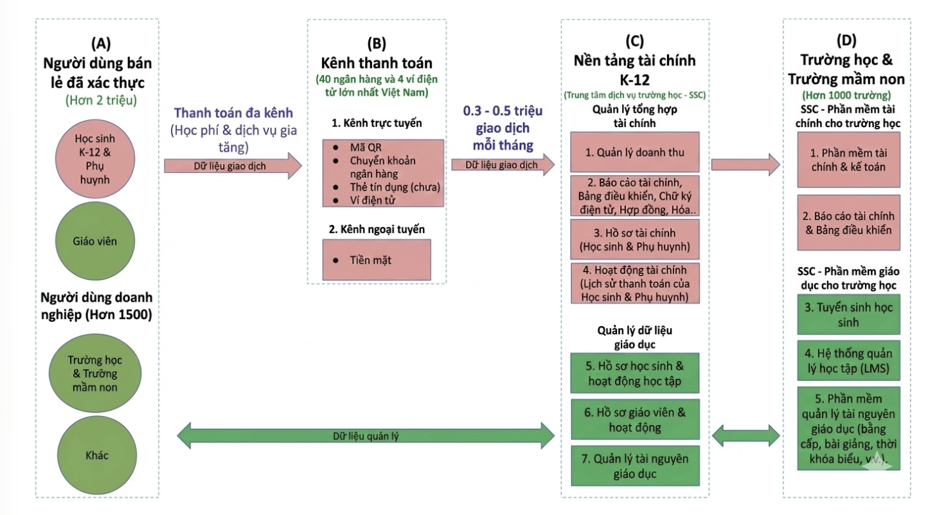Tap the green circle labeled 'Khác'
(97, 455)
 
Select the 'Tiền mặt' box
(375, 260)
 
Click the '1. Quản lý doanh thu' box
(634, 153)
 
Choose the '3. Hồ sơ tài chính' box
(634, 239)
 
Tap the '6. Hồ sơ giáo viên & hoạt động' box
(634, 420)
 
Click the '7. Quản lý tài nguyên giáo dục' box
(634, 466)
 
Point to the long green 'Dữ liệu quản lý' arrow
(365, 436)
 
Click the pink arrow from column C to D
(745, 164)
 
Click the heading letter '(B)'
(376, 44)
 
